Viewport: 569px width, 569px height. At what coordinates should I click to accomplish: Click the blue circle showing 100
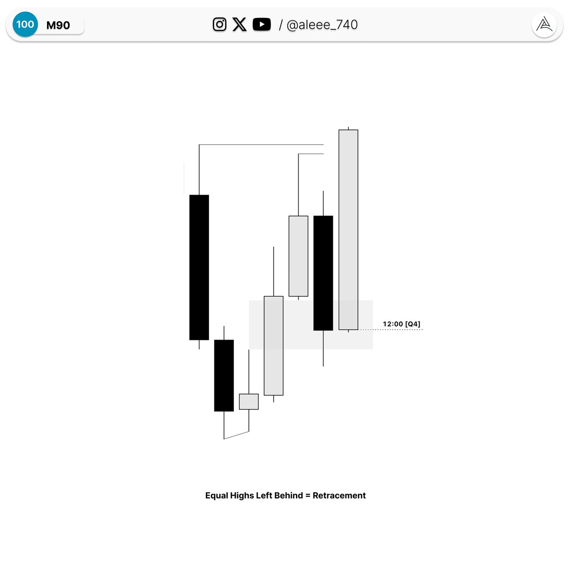pyautogui.click(x=25, y=24)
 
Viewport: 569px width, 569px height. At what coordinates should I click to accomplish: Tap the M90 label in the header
pyautogui.click(x=58, y=26)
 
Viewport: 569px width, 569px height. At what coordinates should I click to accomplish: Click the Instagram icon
pyautogui.click(x=220, y=24)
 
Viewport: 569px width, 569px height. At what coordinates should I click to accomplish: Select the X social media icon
pyautogui.click(x=239, y=24)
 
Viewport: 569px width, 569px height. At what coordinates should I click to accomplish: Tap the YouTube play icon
pyautogui.click(x=262, y=24)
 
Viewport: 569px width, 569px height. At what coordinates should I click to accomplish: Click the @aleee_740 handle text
pyautogui.click(x=322, y=25)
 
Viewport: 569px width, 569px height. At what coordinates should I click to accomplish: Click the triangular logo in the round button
pyautogui.click(x=544, y=25)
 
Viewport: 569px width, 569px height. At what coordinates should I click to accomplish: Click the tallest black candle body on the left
pyautogui.click(x=199, y=267)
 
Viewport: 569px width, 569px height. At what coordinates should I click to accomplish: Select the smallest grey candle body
pyautogui.click(x=248, y=402)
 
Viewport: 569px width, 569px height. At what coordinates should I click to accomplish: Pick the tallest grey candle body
pyautogui.click(x=348, y=229)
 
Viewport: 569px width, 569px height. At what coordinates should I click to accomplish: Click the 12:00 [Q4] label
pyautogui.click(x=401, y=324)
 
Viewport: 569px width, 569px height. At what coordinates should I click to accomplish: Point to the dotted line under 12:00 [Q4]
pyautogui.click(x=390, y=330)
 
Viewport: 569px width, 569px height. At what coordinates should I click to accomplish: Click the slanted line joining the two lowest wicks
pyautogui.click(x=236, y=435)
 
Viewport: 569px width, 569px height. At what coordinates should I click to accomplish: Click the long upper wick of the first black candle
pyautogui.click(x=199, y=170)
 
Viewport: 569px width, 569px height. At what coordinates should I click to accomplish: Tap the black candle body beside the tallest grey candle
pyautogui.click(x=323, y=273)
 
